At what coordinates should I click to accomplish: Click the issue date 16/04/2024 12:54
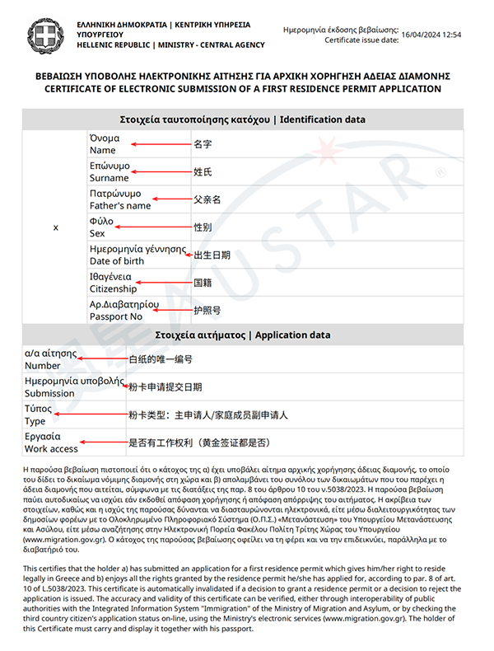[431, 35]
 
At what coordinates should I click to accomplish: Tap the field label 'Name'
[103, 150]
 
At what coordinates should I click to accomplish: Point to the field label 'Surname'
[110, 178]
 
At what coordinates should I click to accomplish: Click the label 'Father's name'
[120, 205]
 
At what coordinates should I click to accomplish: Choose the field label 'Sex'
[97, 233]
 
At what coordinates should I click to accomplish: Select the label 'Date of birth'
[118, 261]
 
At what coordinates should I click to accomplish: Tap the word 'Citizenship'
[114, 289]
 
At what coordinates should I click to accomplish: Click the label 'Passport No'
[116, 316]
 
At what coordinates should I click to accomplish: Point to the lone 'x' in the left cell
[55, 227]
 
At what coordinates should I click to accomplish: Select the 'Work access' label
[51, 449]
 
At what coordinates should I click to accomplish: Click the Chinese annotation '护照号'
[207, 311]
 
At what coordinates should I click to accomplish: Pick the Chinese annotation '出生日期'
[212, 255]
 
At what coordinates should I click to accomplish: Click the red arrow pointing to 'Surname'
[161, 172]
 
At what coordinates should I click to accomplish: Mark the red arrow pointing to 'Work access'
[102, 443]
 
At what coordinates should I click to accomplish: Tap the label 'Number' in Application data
[42, 365]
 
